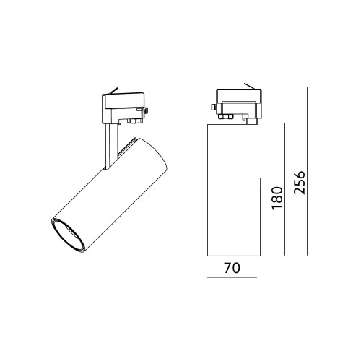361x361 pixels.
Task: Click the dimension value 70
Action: click(232, 268)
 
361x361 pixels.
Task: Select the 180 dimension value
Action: click(277, 198)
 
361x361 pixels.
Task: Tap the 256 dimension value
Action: click(300, 183)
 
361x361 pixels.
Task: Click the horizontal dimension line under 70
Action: click(232, 277)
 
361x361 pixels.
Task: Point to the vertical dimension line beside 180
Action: click(285, 189)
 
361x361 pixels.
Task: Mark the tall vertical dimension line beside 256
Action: click(308, 171)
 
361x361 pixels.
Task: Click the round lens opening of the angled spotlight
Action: click(68, 235)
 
